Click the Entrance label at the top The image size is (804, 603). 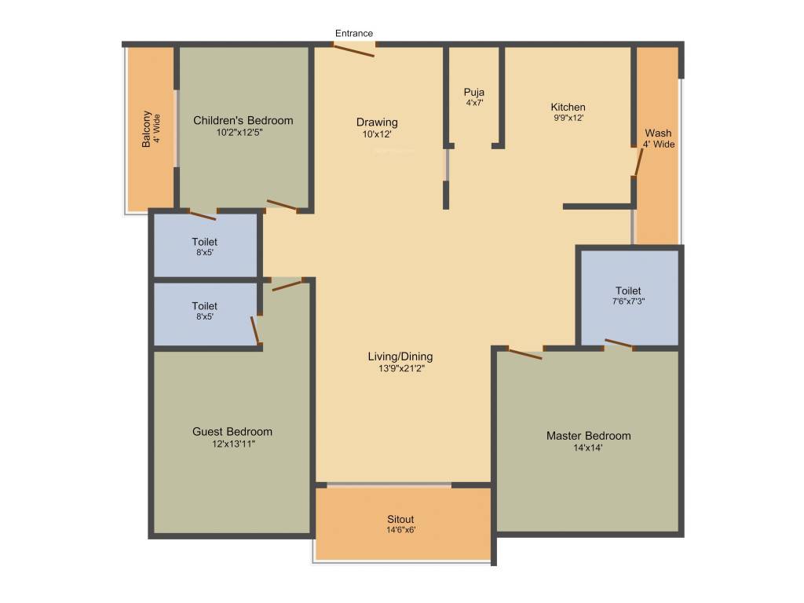click(x=354, y=33)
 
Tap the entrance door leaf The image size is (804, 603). click(x=354, y=49)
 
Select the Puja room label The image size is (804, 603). click(x=473, y=92)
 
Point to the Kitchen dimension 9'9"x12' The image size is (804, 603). click(x=568, y=118)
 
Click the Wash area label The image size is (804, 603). click(x=658, y=133)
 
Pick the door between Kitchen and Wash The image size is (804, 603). click(x=638, y=162)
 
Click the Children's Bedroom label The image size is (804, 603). click(x=243, y=120)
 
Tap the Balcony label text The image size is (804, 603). click(x=146, y=130)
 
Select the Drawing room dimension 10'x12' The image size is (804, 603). click(x=377, y=134)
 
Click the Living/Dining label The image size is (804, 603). click(x=400, y=356)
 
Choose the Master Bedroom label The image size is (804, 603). click(x=589, y=436)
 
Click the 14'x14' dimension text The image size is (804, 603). click(x=589, y=448)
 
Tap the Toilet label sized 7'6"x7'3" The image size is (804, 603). click(x=628, y=291)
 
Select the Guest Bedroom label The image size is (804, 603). click(x=232, y=431)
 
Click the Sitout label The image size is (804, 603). click(x=400, y=519)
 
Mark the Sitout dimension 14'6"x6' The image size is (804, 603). click(x=400, y=530)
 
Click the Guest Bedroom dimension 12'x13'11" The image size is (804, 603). click(x=232, y=444)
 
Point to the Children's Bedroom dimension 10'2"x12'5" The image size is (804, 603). click(x=243, y=133)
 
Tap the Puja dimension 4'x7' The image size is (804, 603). click(x=473, y=103)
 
